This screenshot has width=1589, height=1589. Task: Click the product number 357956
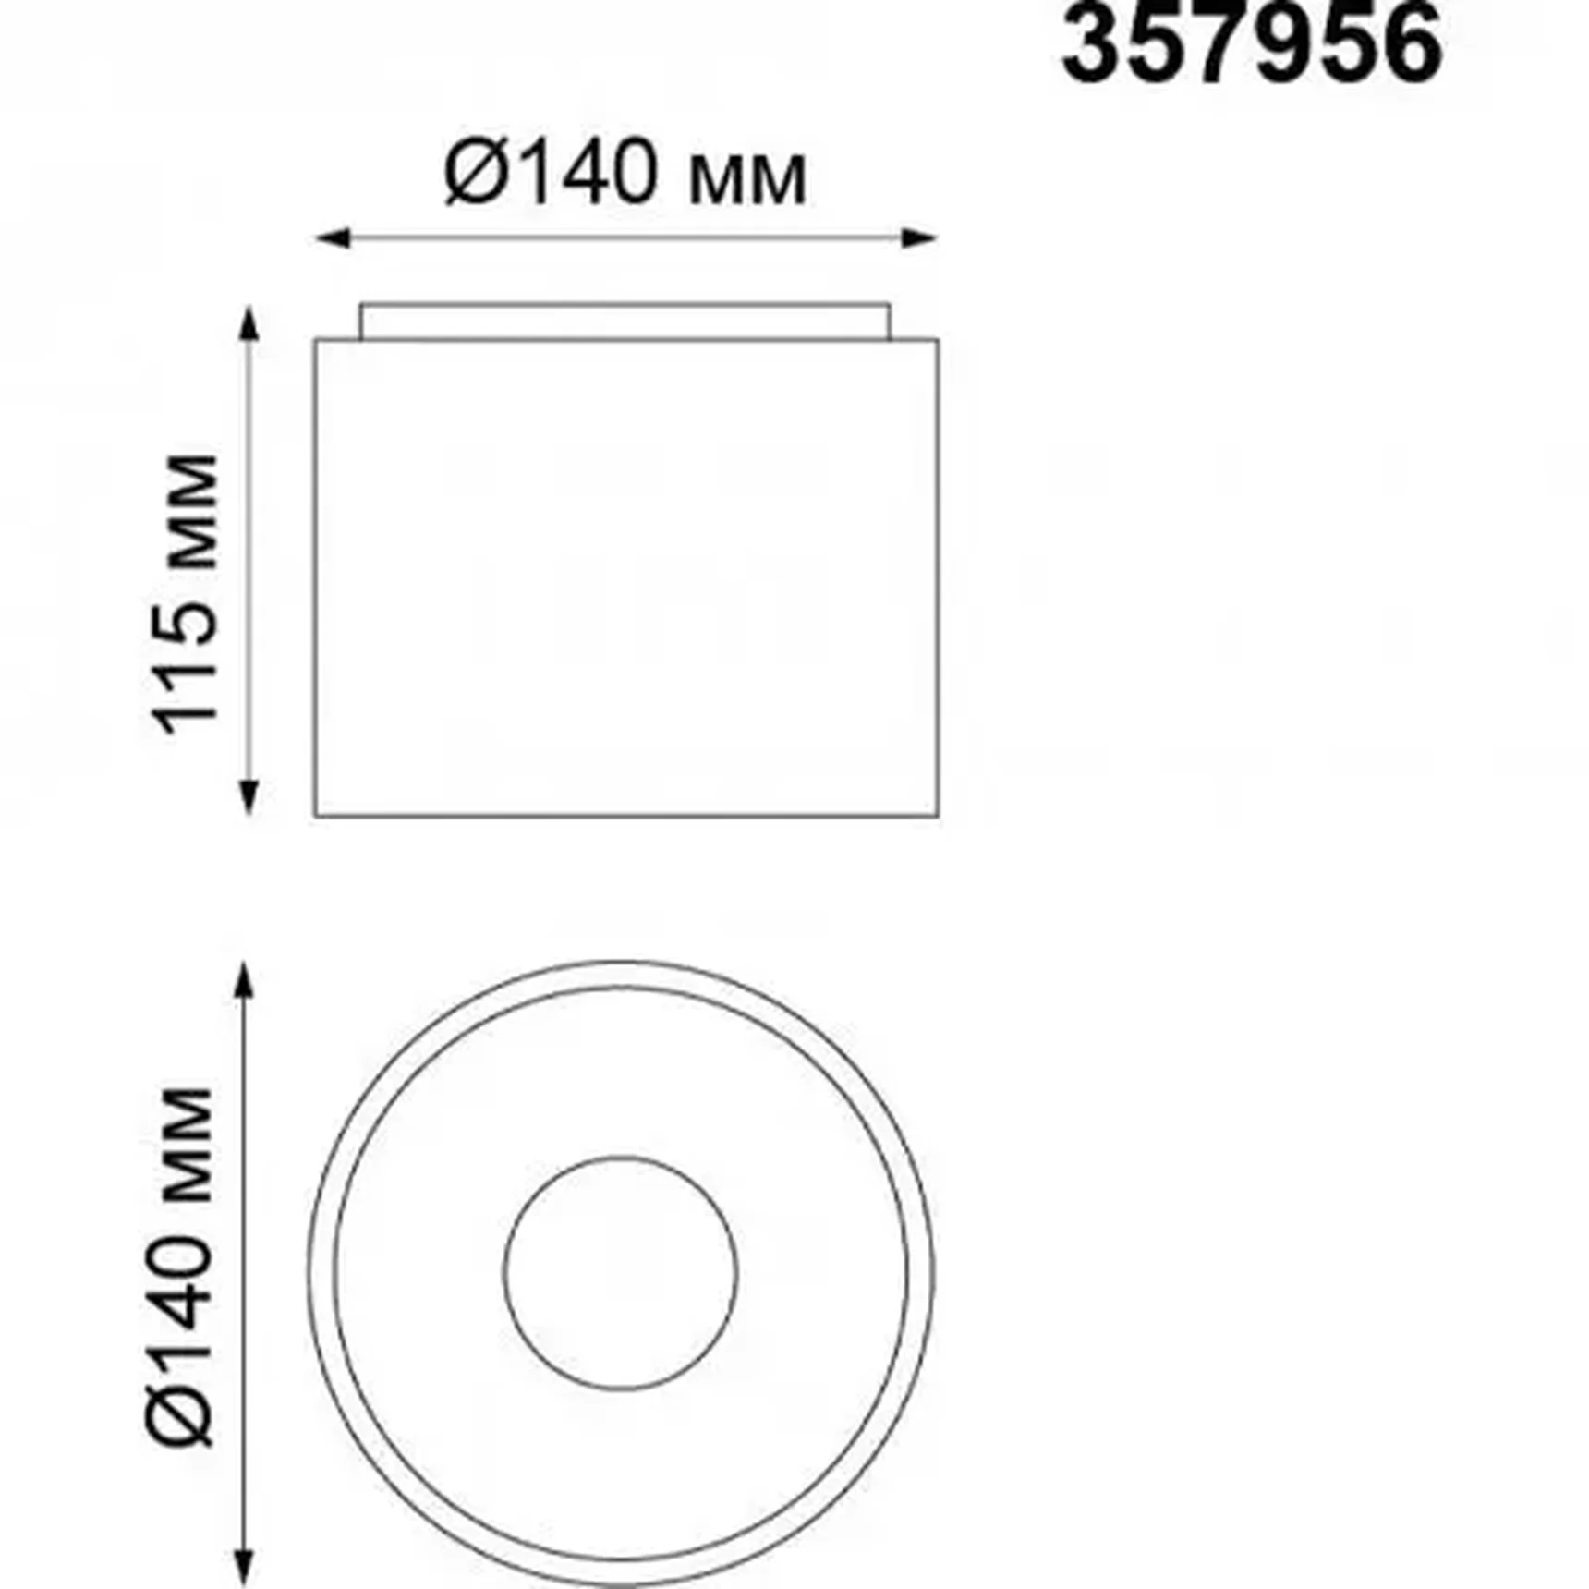tap(1252, 43)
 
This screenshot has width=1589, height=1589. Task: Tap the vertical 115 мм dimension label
tap(188, 595)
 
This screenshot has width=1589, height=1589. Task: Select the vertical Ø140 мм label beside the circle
tap(180, 1267)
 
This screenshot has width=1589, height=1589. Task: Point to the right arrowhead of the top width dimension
tap(919, 238)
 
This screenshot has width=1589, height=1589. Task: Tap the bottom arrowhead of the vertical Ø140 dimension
tap(244, 1567)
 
